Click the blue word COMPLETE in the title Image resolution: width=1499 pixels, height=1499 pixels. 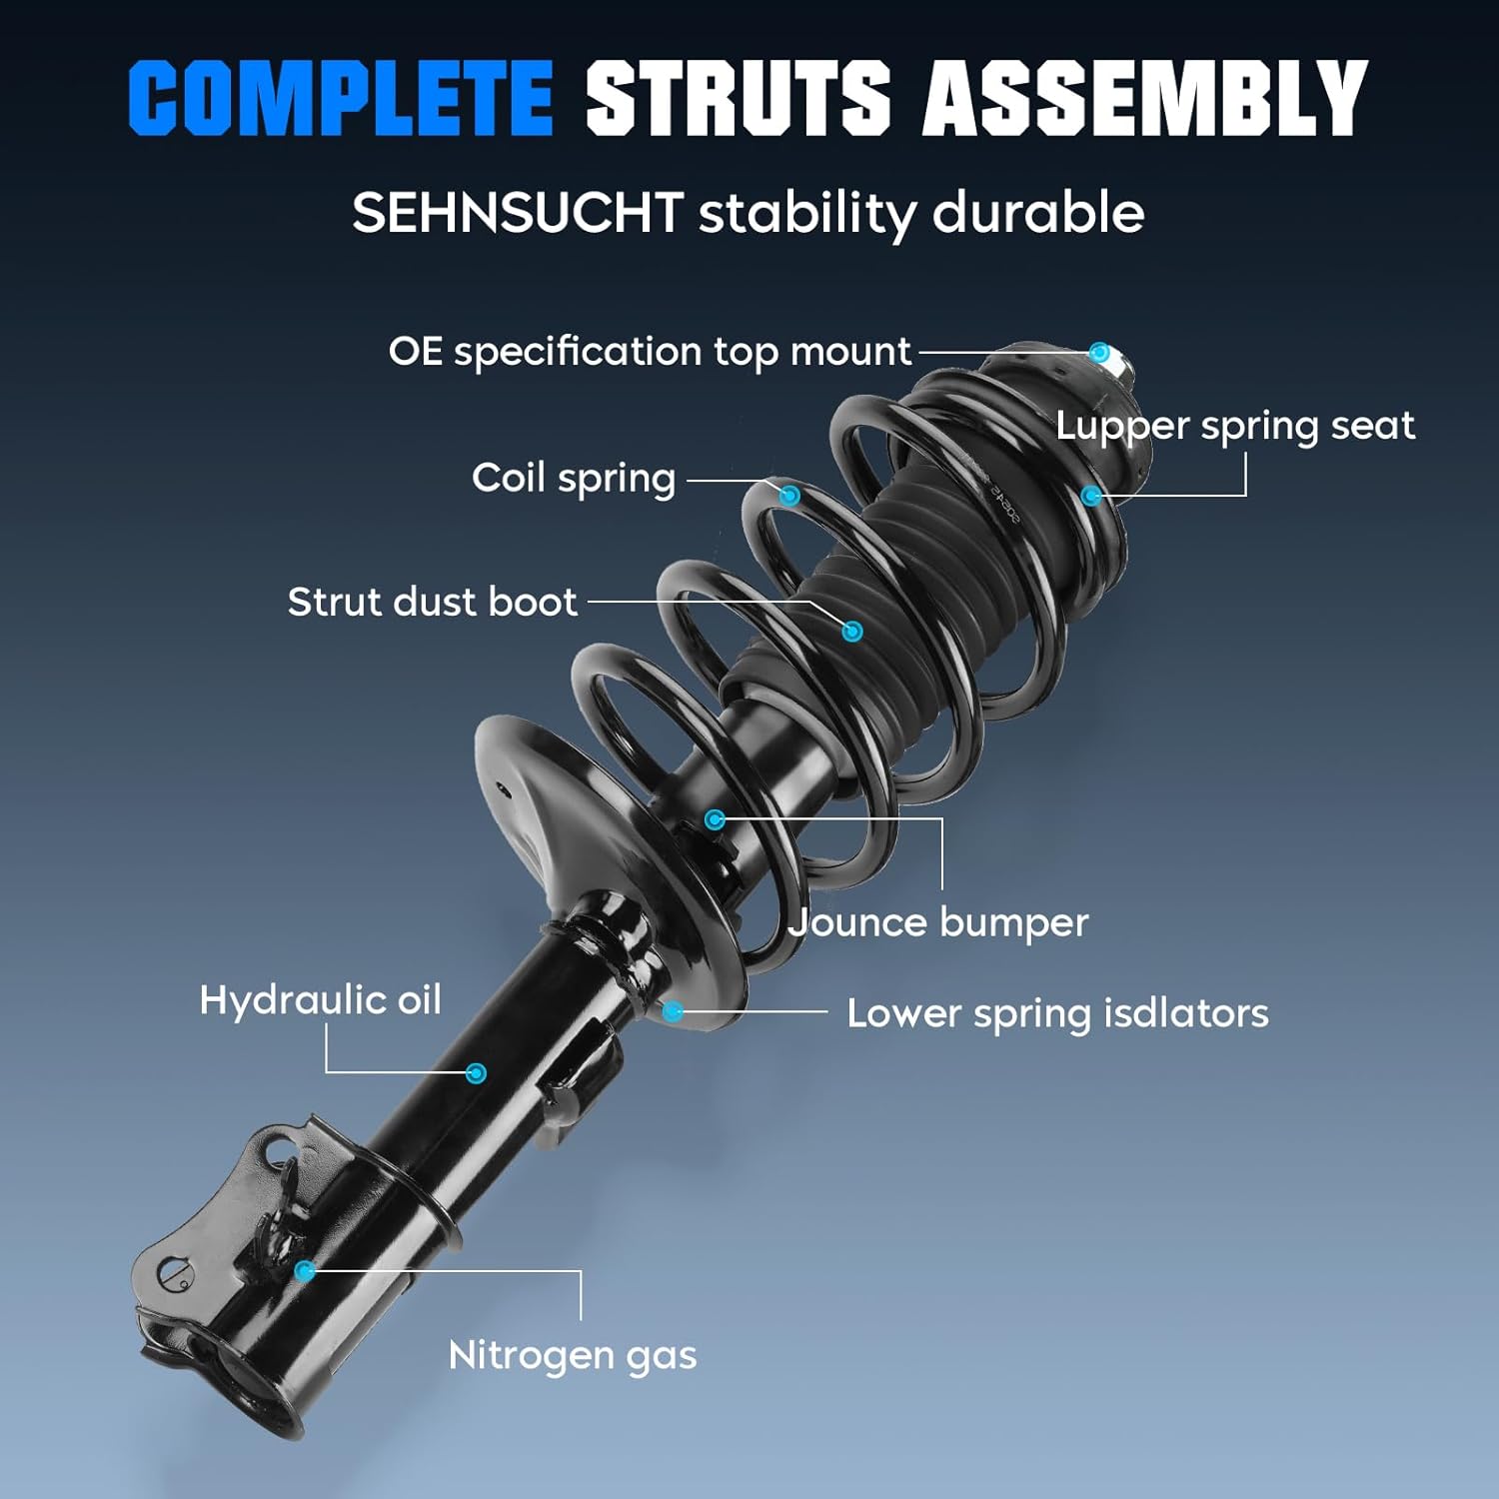pyautogui.click(x=340, y=98)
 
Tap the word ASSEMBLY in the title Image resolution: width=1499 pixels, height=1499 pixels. pyautogui.click(x=1144, y=98)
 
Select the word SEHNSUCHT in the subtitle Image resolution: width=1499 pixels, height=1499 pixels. pyautogui.click(x=517, y=213)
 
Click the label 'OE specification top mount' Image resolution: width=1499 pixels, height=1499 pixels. pyautogui.click(x=649, y=352)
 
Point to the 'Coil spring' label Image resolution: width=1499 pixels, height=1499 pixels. pyautogui.click(x=574, y=478)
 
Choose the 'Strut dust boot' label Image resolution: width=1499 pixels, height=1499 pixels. pyautogui.click(x=432, y=602)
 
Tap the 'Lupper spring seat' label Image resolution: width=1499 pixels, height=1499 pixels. pyautogui.click(x=1235, y=426)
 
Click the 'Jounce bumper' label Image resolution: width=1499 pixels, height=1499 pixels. pyautogui.click(x=938, y=922)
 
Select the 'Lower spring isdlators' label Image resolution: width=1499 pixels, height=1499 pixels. pyautogui.click(x=1057, y=1013)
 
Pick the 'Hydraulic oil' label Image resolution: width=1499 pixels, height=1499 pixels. pyautogui.click(x=320, y=999)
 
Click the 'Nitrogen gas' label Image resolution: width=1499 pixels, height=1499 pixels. pyautogui.click(x=572, y=1355)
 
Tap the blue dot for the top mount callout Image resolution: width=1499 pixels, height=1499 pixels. pyautogui.click(x=1099, y=353)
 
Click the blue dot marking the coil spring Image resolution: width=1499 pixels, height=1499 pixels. pyautogui.click(x=789, y=495)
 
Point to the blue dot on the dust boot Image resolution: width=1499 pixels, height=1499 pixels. pyautogui.click(x=852, y=631)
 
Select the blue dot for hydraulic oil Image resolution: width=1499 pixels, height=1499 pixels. pyautogui.click(x=477, y=1073)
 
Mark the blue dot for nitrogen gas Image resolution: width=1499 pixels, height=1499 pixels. pyautogui.click(x=305, y=1271)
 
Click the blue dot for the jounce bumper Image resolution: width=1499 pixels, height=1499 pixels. pyautogui.click(x=715, y=819)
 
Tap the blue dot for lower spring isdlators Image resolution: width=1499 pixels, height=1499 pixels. pyautogui.click(x=674, y=1011)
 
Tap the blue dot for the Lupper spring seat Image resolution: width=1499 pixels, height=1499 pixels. pyautogui.click(x=1091, y=496)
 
